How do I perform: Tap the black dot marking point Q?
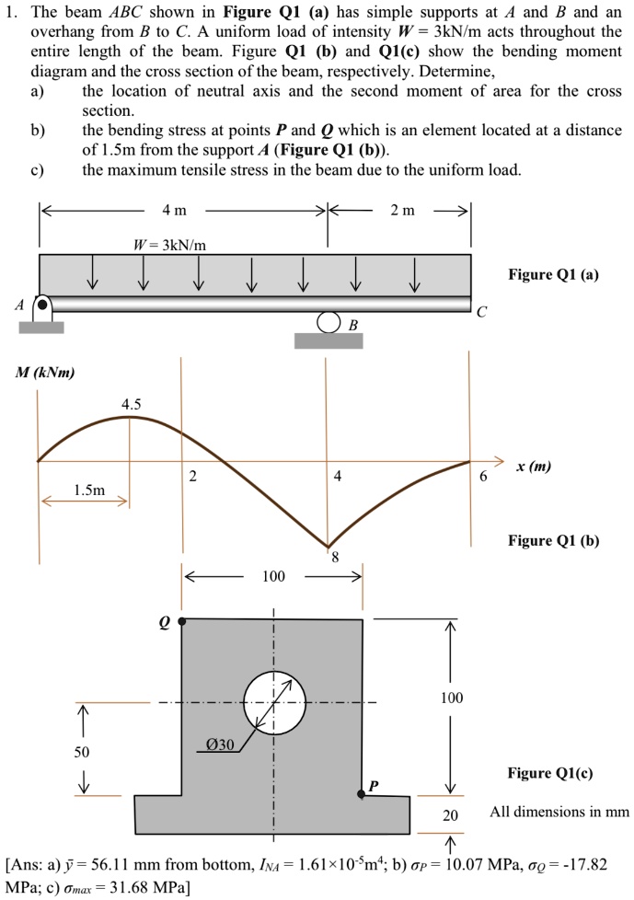182,621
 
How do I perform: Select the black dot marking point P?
362,790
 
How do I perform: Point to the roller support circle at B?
329,323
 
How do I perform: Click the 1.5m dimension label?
88,490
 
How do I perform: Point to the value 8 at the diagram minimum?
335,557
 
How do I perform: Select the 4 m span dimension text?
175,211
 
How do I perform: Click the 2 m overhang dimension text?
402,211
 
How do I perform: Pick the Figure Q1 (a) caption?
553,275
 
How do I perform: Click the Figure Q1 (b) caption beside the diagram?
553,540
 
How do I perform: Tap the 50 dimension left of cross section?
83,752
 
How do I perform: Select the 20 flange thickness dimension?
450,814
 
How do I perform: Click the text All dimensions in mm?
559,812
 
